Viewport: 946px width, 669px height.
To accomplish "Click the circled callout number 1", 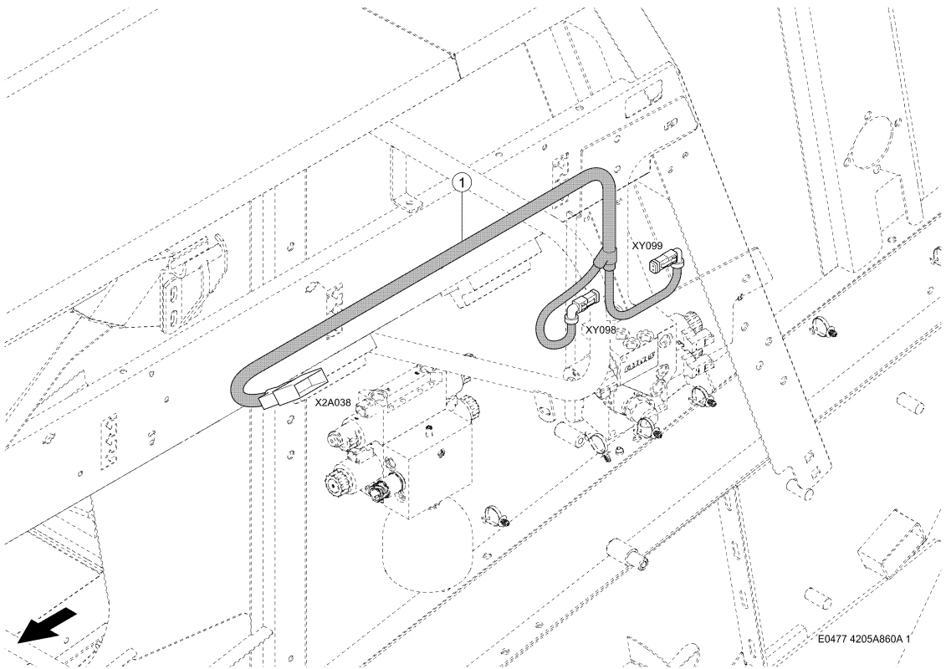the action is point(462,180).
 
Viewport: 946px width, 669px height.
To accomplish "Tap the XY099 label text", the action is point(647,246).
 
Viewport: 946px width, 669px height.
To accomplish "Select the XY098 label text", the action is point(601,330).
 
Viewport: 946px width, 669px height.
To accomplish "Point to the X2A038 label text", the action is point(333,401).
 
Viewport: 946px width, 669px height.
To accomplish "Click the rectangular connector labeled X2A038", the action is point(293,389).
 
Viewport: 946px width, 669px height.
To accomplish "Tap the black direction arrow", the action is point(47,626).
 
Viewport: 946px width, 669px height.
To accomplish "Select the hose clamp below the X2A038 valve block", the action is point(496,516).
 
